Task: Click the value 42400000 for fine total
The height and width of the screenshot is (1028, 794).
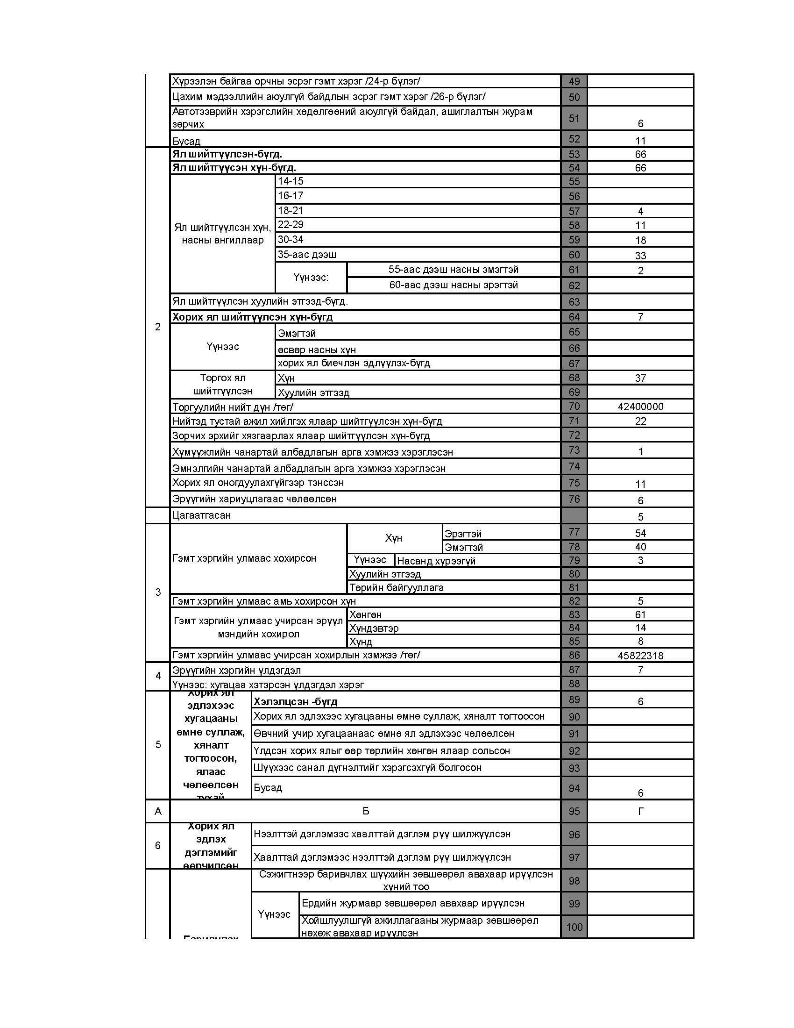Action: click(x=640, y=407)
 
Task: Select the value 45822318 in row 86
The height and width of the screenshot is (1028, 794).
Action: click(x=640, y=655)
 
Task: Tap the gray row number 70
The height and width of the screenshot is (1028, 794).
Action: click(x=574, y=406)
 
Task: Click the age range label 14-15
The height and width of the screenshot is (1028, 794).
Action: click(x=291, y=181)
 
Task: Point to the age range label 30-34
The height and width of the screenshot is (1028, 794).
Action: click(x=291, y=240)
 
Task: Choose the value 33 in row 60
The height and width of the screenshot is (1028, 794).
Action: click(x=640, y=256)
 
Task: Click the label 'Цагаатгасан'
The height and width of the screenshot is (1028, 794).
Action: click(x=201, y=515)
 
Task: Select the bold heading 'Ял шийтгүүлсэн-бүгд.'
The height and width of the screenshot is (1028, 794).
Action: click(x=227, y=154)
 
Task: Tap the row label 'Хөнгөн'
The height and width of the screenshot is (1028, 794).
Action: click(x=366, y=615)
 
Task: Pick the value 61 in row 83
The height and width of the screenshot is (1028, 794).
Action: click(x=640, y=615)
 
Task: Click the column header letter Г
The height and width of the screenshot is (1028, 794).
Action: click(x=640, y=811)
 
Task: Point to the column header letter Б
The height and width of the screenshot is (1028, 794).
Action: click(x=366, y=811)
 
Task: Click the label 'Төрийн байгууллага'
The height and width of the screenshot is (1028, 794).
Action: click(x=397, y=588)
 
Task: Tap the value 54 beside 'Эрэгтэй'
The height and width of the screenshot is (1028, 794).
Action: click(x=640, y=533)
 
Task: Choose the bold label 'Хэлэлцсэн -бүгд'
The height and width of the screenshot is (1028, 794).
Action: click(x=295, y=702)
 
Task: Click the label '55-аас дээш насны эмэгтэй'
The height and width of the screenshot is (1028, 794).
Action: click(x=454, y=270)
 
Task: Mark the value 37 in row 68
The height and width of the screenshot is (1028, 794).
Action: click(x=640, y=378)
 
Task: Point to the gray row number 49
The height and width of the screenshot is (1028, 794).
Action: click(x=574, y=81)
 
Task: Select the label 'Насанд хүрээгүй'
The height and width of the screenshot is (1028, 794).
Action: click(x=436, y=561)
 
